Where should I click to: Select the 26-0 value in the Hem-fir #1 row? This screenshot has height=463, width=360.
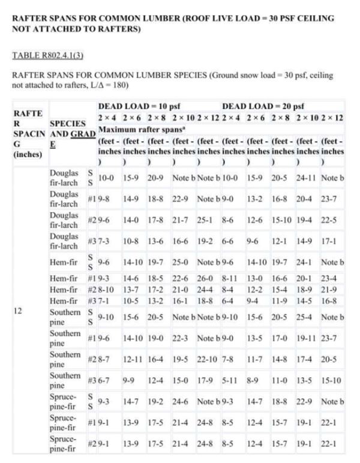(208, 279)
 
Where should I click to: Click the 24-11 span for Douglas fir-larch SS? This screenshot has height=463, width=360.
(306, 178)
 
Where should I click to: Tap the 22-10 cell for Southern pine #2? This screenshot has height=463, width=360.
(208, 359)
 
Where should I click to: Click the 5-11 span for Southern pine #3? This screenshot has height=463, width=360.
(233, 380)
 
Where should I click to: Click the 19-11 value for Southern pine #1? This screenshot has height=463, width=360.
(307, 337)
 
